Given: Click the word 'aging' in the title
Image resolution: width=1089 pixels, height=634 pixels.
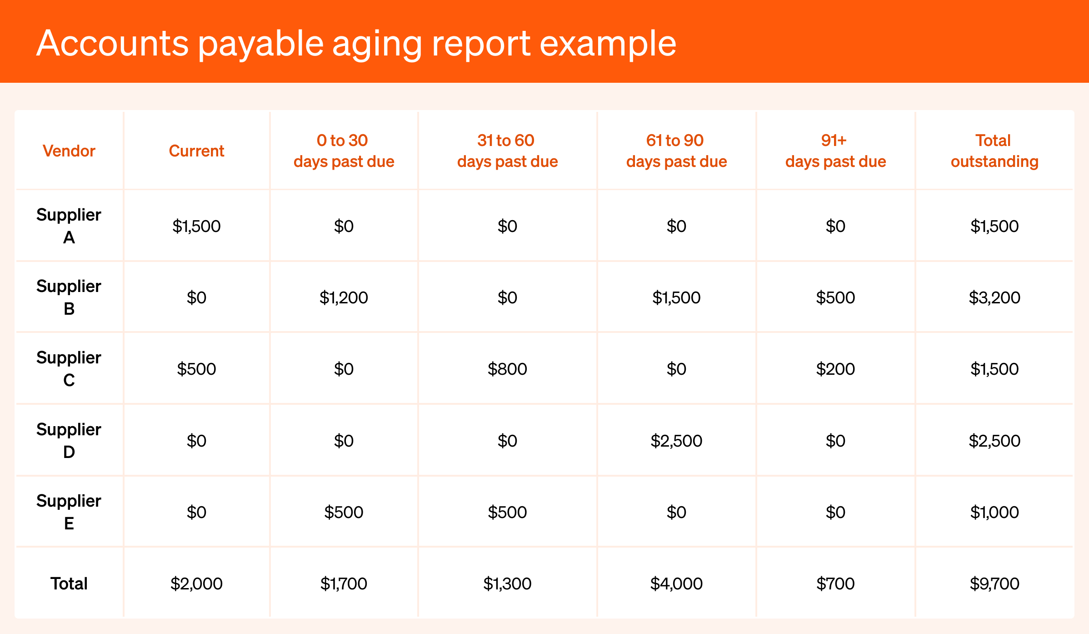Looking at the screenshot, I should coord(377,44).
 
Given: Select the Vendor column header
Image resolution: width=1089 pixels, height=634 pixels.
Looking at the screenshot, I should coord(69,151).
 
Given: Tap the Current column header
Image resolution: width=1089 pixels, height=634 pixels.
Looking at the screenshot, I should coord(196,151).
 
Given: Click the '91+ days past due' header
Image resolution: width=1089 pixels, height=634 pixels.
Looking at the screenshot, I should coord(835,151).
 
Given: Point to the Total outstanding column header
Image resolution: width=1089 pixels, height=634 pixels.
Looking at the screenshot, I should coord(994,151).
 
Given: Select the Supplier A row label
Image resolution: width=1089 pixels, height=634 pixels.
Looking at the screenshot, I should coord(69,226).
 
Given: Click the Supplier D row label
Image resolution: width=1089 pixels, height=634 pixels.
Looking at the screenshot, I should coord(69,441).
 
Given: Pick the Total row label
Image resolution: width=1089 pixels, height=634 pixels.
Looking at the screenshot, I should coord(69,584).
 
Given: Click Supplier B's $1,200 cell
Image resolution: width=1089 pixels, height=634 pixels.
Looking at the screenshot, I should coord(344,298).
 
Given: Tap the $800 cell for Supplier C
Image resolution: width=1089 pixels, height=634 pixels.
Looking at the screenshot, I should coord(507,369).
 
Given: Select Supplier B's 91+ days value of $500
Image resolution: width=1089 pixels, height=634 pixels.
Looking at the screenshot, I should coord(835,298).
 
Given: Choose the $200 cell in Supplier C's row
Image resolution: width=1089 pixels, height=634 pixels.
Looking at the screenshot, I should coord(835,369).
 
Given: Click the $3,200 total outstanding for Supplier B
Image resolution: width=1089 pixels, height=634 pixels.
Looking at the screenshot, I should coord(994,298).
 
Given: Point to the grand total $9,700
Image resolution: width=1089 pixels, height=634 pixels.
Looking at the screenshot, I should coord(994,584).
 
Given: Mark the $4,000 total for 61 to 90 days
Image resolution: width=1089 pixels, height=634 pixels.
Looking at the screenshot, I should coord(676,584).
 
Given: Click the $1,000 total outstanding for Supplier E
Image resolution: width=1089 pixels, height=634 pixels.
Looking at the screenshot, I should coord(994,512).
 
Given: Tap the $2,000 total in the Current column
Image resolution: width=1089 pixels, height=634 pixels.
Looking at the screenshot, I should coord(196,584).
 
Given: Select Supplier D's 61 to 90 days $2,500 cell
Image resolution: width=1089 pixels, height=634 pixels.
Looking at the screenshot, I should coord(676,441).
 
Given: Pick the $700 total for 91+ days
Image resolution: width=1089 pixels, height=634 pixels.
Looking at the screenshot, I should coord(835,584).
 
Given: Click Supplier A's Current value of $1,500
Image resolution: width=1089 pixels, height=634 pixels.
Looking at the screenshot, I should coord(196,226).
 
